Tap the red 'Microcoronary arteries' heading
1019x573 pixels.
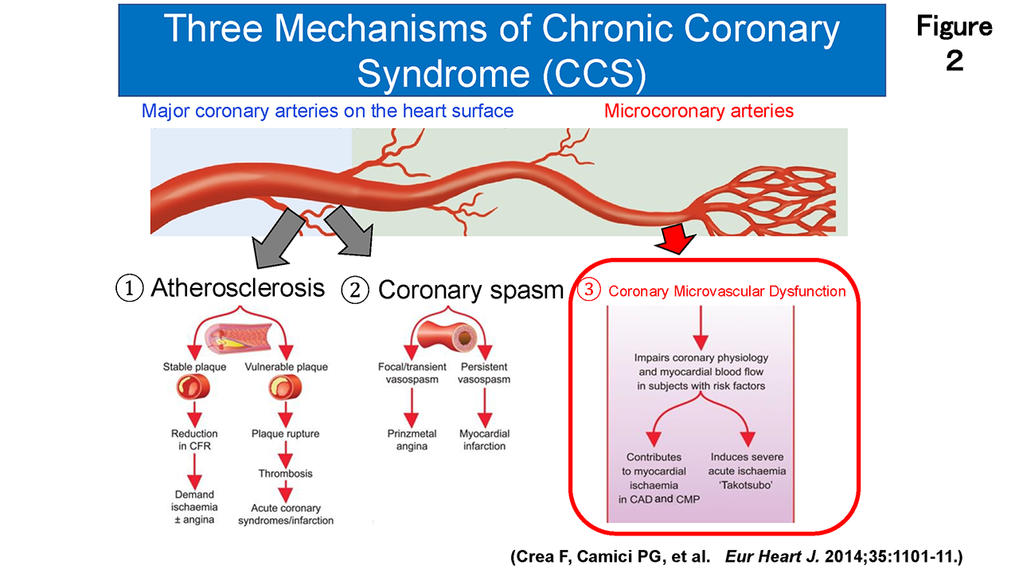[x=699, y=111]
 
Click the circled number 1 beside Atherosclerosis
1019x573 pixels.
[x=131, y=288]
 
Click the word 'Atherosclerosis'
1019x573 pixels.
[x=237, y=287]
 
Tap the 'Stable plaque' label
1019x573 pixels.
[x=194, y=367]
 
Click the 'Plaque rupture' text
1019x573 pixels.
[x=285, y=434]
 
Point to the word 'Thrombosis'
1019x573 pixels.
[x=285, y=474]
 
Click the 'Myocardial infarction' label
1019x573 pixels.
[x=484, y=440]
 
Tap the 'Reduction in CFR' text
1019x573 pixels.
[x=193, y=440]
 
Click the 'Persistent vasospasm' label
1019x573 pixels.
[x=484, y=373]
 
